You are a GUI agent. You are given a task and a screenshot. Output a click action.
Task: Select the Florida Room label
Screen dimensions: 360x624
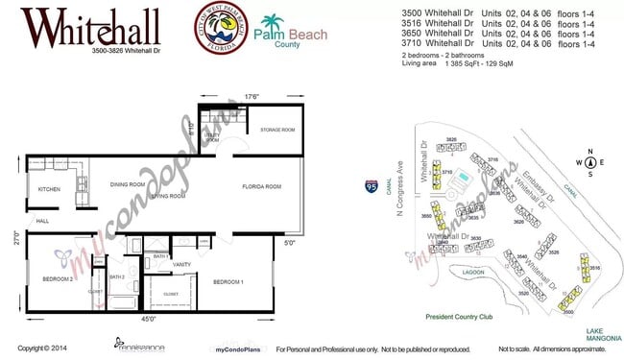(260, 186)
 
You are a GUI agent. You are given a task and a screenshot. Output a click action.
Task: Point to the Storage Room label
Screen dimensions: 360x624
(276, 130)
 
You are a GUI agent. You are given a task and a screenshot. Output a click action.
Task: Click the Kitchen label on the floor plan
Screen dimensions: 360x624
(49, 190)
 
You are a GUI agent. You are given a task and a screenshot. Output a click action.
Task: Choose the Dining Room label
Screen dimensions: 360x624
(127, 184)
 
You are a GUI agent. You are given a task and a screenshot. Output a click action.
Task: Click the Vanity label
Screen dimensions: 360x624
(183, 264)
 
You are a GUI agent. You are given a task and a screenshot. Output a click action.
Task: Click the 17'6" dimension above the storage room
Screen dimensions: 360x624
(252, 96)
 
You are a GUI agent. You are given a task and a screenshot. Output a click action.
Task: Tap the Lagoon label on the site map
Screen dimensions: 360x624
(471, 272)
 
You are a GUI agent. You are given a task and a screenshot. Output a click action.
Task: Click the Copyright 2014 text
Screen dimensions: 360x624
(41, 348)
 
